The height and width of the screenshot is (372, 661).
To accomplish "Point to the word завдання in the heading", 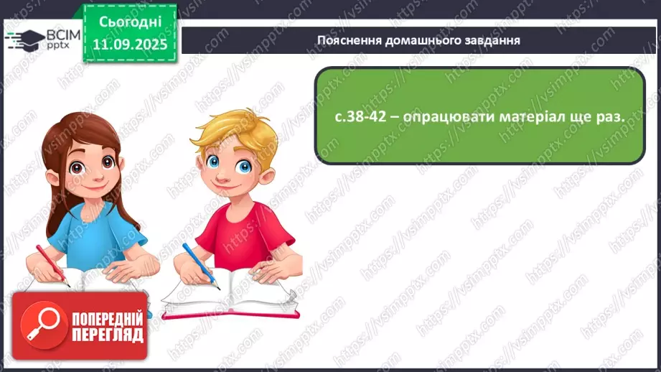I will pyautogui.click(x=493, y=40).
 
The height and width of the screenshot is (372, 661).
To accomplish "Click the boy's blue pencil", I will pyautogui.click(x=199, y=264).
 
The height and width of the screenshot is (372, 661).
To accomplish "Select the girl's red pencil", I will pyautogui.click(x=52, y=266).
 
